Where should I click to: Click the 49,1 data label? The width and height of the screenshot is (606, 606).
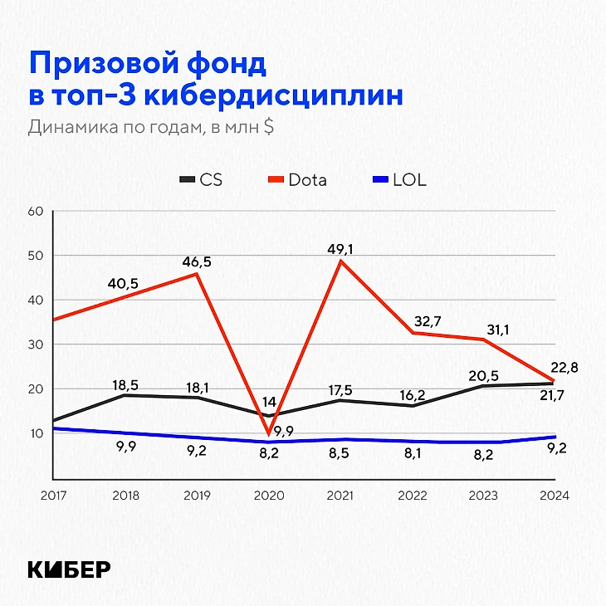340,247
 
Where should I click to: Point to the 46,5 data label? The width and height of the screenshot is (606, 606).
197,261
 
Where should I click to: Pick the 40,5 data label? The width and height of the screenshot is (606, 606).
123,284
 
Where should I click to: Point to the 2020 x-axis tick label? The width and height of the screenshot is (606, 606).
269,496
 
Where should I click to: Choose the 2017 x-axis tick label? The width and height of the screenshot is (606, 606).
54,496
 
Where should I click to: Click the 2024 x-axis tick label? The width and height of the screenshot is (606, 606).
555,496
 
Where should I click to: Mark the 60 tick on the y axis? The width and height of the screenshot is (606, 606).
35,211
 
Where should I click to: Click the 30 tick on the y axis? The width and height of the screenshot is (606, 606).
35,345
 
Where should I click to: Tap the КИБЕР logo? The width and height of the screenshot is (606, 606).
69,569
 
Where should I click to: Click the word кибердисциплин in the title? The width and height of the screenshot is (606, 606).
274,95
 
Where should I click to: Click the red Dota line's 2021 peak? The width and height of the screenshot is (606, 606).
340,261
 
